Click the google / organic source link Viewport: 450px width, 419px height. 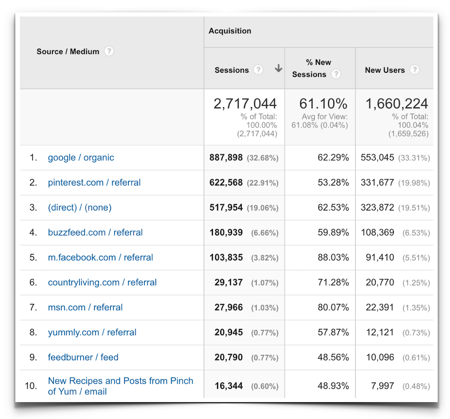[81, 158]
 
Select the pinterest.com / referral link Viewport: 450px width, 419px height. [94, 183]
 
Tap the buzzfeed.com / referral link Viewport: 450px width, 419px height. [95, 232]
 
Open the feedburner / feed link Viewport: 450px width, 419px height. [83, 357]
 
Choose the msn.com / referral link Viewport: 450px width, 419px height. [85, 307]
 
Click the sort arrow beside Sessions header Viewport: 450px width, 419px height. [278, 68]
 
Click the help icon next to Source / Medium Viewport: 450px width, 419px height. [109, 51]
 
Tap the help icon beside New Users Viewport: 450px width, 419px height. [414, 70]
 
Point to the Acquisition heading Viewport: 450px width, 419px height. [230, 31]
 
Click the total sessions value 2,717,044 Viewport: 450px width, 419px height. [245, 103]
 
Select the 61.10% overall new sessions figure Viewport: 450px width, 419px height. [323, 103]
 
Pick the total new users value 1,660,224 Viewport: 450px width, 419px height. [397, 103]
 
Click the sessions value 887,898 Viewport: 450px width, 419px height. [226, 157]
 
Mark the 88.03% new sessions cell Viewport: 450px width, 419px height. [333, 257]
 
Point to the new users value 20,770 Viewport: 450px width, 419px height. [380, 282]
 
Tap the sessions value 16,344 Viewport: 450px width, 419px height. [228, 386]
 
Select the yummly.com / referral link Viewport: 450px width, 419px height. [92, 332]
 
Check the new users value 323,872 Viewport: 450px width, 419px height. [377, 207]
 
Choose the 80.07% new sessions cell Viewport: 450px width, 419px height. [333, 307]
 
